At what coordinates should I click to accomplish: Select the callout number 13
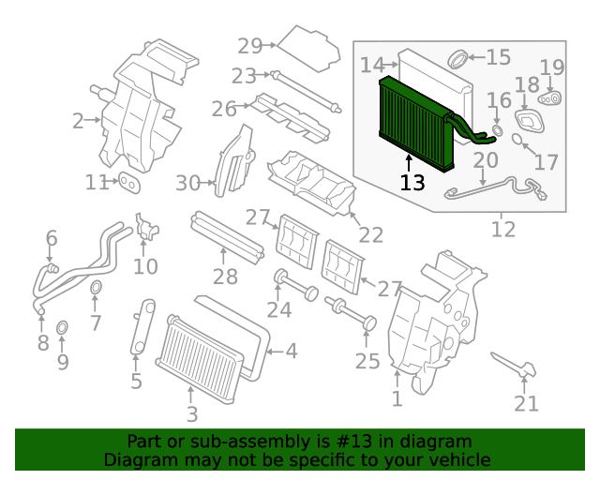coord(412,182)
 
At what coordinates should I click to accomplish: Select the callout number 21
coord(526,403)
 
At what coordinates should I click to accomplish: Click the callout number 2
coord(79,120)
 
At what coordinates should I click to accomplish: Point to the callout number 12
coord(503,228)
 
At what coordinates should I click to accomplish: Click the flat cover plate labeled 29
coord(308,44)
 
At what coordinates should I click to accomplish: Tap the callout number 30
coord(188,182)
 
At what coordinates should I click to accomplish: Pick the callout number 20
coord(486,160)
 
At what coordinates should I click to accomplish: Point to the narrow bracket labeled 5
coord(140,327)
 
